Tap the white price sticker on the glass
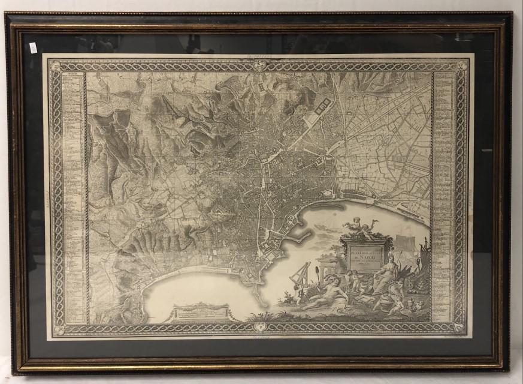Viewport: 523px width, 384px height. (x=33, y=48)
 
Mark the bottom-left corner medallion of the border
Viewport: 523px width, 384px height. (x=57, y=329)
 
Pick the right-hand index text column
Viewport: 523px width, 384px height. (x=444, y=192)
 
